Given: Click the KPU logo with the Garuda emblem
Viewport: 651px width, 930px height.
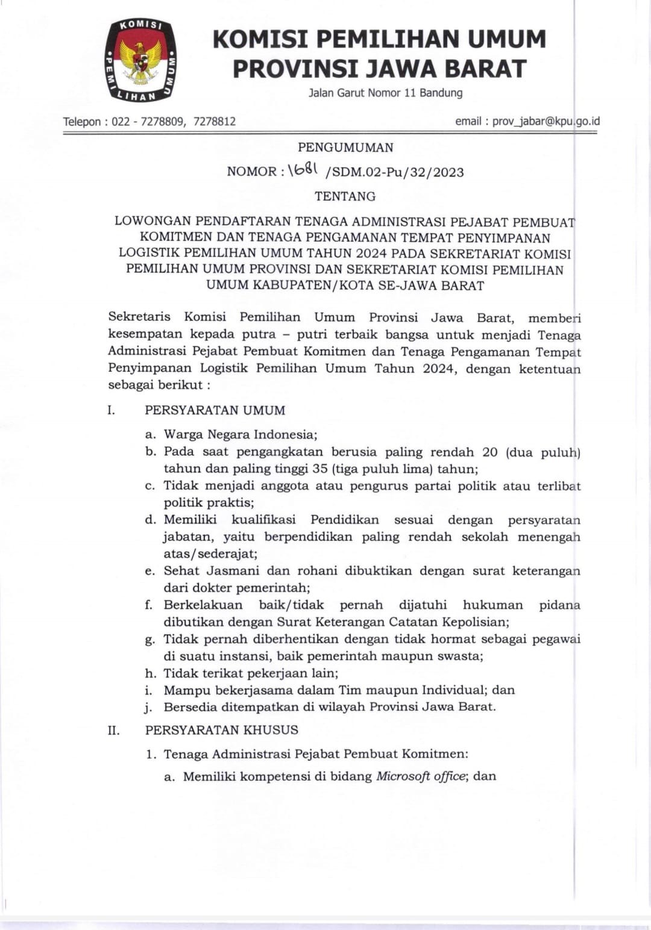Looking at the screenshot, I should [x=141, y=60].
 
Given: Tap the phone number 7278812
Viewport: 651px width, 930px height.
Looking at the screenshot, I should [x=215, y=122].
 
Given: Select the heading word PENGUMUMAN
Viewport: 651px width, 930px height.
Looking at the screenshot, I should [x=345, y=148].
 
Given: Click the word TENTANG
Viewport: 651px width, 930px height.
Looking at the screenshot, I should [x=345, y=196].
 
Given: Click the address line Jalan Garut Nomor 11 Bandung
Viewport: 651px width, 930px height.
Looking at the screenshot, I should [x=385, y=93].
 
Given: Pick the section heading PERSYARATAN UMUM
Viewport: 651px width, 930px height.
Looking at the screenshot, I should [x=215, y=410].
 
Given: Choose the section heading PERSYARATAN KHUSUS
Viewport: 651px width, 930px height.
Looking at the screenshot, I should [x=221, y=730].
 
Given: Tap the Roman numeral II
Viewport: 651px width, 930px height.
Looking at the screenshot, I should [x=113, y=731].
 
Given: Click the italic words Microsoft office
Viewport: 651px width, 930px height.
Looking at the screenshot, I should [x=421, y=776].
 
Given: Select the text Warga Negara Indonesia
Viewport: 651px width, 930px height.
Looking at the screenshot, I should [x=239, y=434].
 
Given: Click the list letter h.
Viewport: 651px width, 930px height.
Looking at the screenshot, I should [x=150, y=673].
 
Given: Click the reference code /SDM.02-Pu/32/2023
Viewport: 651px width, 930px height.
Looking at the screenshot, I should [x=394, y=172].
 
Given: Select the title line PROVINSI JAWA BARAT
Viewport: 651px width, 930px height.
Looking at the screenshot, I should [x=380, y=69].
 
